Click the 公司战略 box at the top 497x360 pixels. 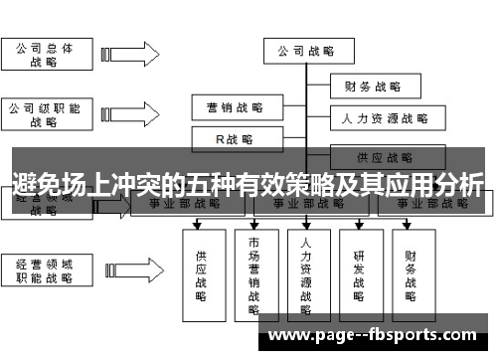point(305,50)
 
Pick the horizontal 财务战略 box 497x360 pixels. point(372,87)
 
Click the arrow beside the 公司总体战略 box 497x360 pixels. point(124,54)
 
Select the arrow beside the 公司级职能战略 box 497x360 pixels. point(124,113)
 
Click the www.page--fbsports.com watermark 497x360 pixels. point(373,335)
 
